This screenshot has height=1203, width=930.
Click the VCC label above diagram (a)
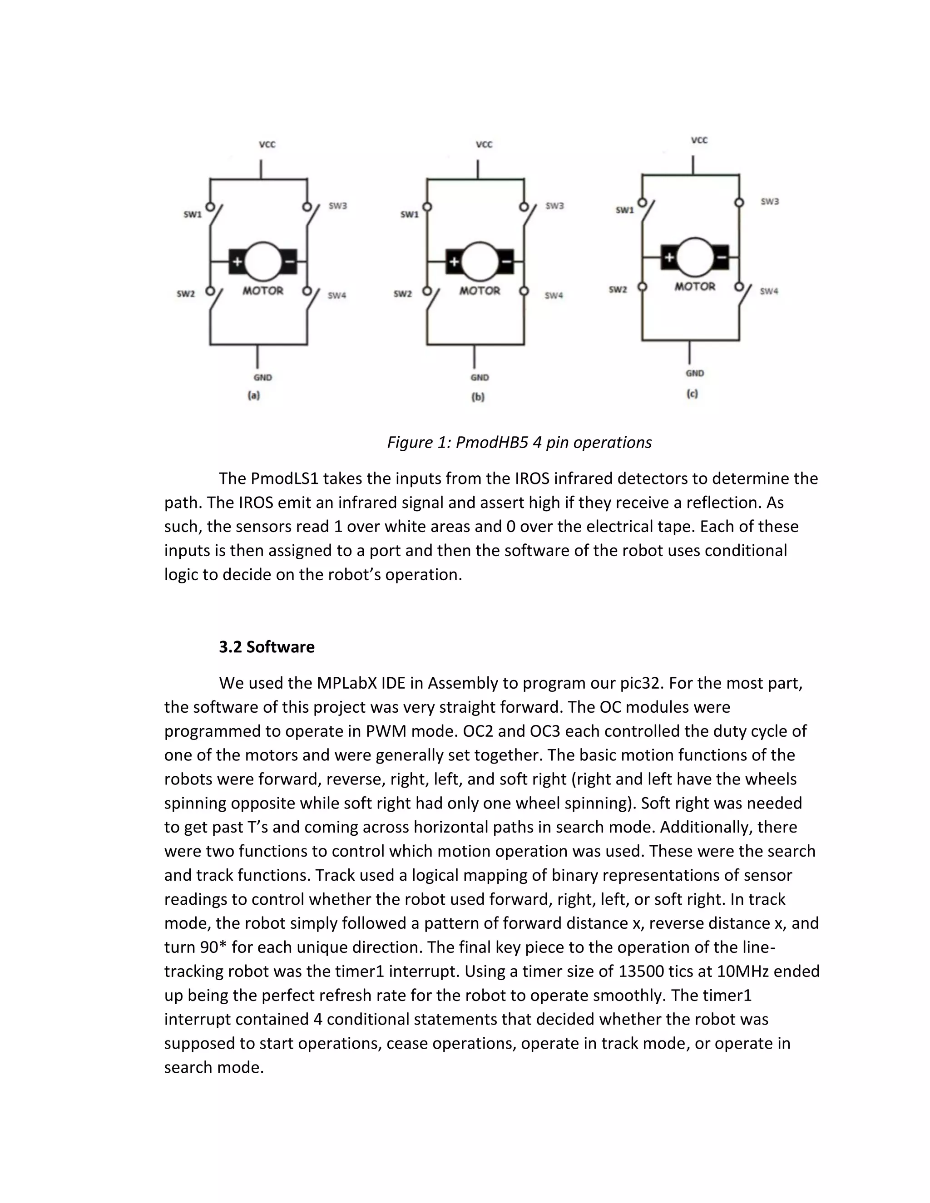pyautogui.click(x=267, y=145)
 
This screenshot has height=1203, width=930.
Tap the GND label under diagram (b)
pyautogui.click(x=480, y=378)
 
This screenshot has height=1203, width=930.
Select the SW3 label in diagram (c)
pyautogui.click(x=770, y=202)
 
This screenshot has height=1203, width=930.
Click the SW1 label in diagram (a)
pyautogui.click(x=193, y=215)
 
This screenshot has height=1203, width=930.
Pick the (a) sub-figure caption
pyautogui.click(x=253, y=395)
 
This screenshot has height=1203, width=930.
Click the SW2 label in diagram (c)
pyautogui.click(x=618, y=290)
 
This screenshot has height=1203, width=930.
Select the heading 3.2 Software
pyautogui.click(x=267, y=646)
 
